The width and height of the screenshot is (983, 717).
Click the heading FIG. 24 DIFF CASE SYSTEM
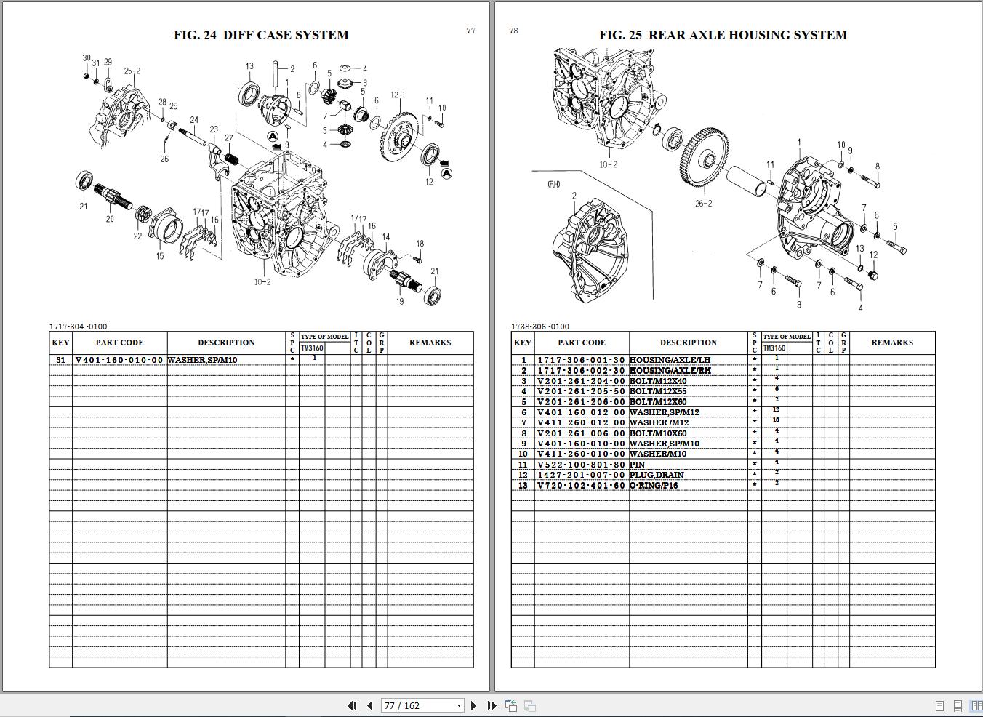point(261,35)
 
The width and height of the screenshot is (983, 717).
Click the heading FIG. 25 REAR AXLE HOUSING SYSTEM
point(723,35)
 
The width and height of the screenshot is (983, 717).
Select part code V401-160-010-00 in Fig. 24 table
point(119,360)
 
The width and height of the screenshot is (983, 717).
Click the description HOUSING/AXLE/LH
point(670,360)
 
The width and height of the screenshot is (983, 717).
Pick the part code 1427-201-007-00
point(581,475)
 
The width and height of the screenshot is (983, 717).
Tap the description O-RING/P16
point(654,486)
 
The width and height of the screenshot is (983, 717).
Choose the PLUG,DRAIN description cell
point(657,475)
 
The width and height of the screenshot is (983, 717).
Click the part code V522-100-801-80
point(581,465)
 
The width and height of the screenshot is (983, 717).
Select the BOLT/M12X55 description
point(658,391)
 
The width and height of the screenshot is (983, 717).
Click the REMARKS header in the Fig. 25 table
point(891,343)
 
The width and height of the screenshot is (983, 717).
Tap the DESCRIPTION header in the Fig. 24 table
point(226,343)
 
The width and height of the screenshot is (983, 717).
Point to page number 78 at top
point(514,31)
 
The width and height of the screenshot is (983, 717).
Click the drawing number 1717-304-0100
point(78,327)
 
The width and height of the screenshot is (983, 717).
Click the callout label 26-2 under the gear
point(703,204)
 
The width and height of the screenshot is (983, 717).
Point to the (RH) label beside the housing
point(554,185)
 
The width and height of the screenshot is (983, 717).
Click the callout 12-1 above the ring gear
point(398,95)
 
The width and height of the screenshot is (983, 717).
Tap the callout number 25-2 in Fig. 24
point(132,71)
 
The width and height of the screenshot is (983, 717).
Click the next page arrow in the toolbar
point(474,705)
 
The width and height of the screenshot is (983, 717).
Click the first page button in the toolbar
point(352,705)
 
